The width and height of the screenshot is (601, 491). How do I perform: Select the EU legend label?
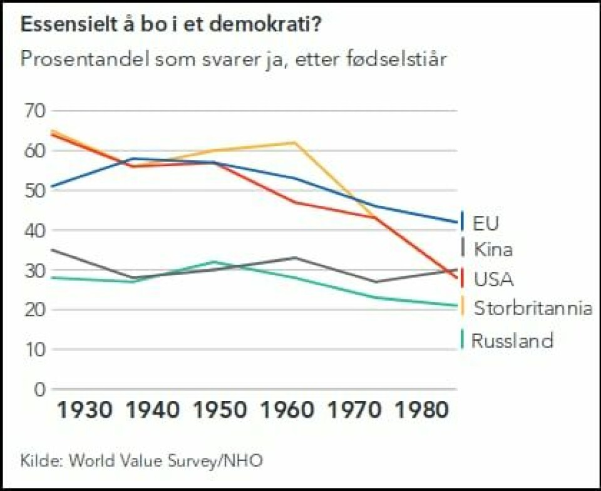486,222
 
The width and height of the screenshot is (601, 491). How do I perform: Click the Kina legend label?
493,249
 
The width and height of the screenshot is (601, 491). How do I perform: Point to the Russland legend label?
512,341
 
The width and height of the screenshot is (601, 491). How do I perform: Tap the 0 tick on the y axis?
40,389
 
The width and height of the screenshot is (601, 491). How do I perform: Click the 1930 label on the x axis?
86,411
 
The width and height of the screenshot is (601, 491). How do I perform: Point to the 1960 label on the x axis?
288,411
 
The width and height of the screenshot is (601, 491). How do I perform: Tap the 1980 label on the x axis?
422,411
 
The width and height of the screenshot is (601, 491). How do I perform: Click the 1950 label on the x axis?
220,411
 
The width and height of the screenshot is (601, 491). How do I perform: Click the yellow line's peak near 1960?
294,142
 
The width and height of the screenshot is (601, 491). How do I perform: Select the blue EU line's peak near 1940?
133,159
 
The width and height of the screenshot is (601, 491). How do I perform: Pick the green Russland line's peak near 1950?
214,262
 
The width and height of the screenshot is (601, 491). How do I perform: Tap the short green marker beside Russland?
461,340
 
